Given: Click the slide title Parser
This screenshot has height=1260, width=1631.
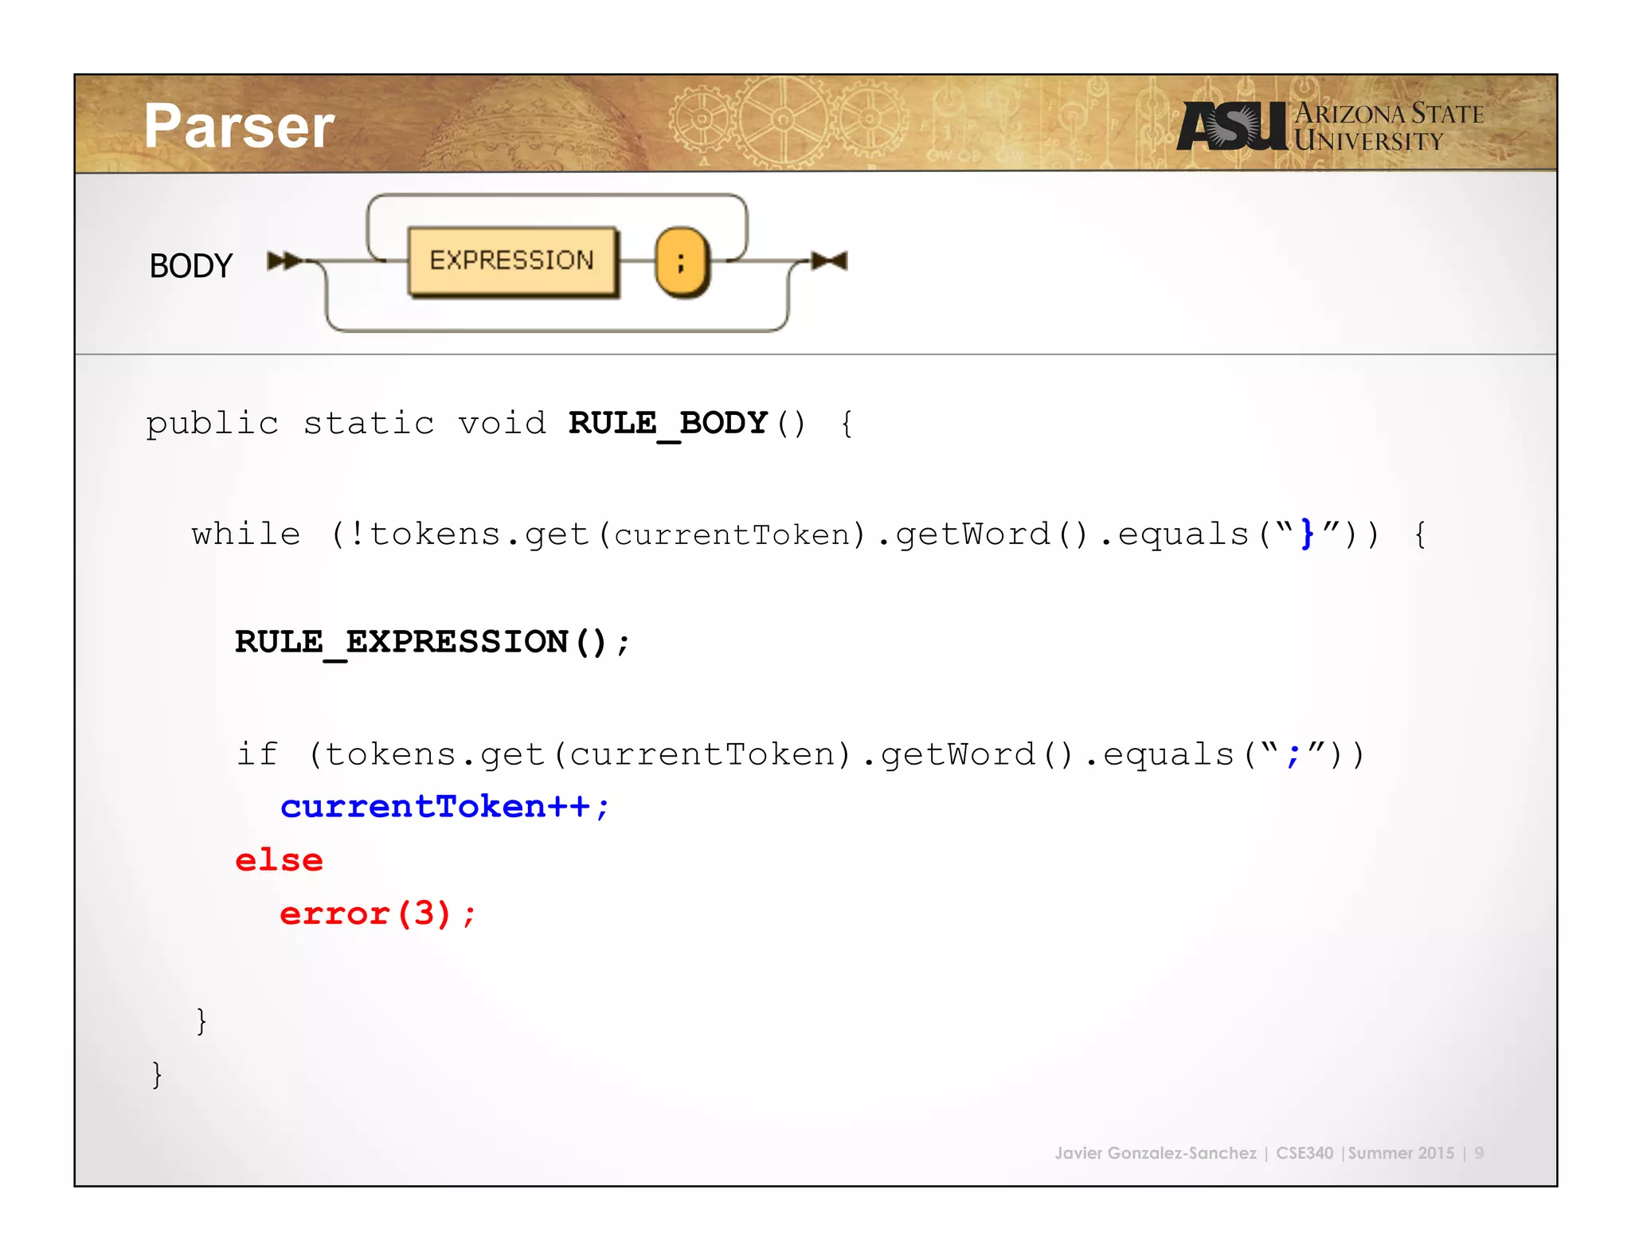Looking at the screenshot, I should coord(239,127).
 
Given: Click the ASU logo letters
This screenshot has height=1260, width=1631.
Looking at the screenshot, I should coord(1231,127).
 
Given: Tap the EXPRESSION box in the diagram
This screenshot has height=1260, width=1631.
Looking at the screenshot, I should coord(512,260).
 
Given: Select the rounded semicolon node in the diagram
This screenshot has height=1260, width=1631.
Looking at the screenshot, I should coord(682,261).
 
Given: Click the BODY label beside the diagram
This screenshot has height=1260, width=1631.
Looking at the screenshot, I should coord(191,266).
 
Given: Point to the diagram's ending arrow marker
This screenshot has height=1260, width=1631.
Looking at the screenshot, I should coord(830,260).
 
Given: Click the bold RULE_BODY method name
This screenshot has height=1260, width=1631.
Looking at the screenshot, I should coord(667,423).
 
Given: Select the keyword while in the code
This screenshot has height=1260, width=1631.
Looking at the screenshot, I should coord(246,534).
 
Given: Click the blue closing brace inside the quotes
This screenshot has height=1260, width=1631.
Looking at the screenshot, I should coord(1307,534).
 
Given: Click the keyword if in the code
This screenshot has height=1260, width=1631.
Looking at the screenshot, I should coord(257,753).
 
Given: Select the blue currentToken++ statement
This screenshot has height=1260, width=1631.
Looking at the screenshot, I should coord(444,807).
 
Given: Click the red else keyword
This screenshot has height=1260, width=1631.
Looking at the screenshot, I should coord(279,860).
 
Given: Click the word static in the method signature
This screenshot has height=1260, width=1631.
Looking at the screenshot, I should coord(369,423).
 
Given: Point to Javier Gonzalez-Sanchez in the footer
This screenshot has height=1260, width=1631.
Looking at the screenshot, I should coord(1155,1153).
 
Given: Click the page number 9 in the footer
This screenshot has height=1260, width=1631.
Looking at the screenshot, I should coord(1479,1153).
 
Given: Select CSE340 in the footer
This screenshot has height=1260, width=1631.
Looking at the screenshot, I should coord(1304,1153).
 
